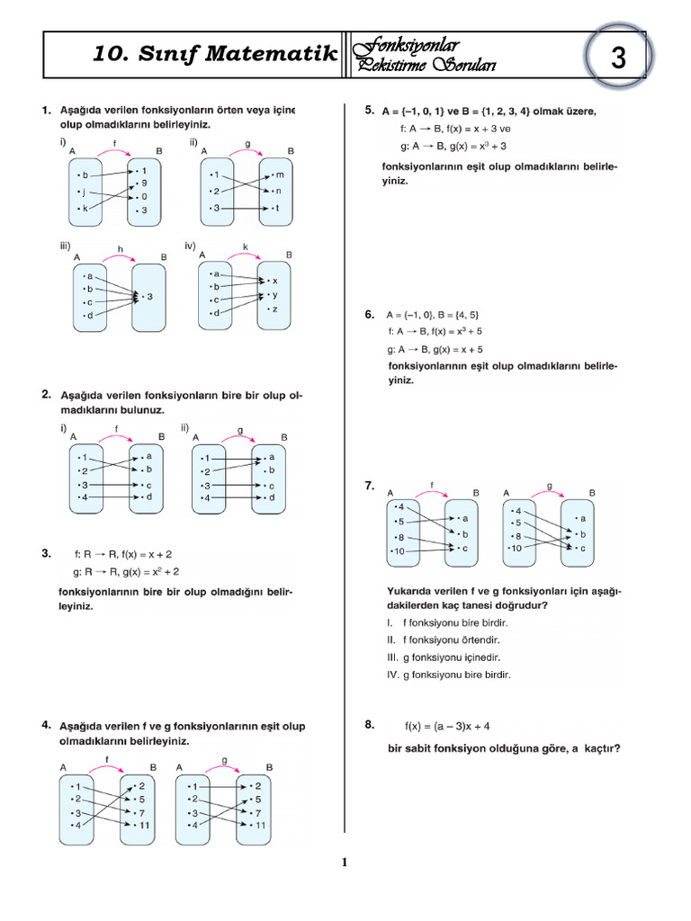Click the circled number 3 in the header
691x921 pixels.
point(618,59)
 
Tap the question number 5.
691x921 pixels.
point(369,111)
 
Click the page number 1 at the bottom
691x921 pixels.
point(344,863)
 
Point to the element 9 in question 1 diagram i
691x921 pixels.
point(144,182)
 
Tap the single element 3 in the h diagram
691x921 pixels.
point(150,296)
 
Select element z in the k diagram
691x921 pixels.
point(274,308)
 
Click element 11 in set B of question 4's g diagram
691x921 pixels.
point(261,825)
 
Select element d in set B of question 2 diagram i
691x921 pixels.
point(148,497)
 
